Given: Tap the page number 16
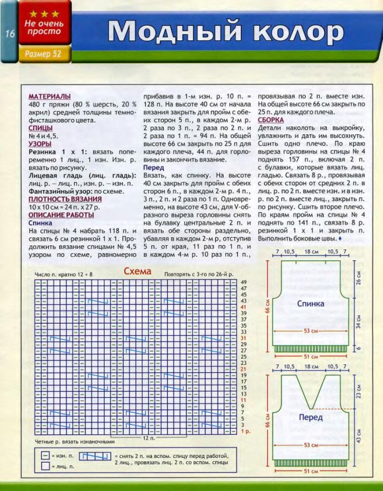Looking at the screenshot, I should point(10,34).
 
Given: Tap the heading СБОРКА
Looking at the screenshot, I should point(271,119).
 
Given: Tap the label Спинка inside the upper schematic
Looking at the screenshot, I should point(310,303).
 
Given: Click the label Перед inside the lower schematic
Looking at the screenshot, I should point(310,417).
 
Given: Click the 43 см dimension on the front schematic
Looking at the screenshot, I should point(358,434).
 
